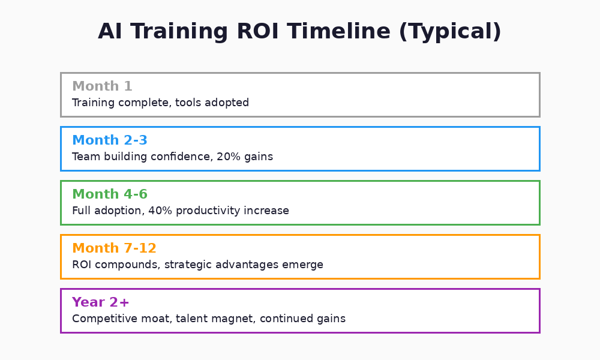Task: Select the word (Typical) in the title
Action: (449, 32)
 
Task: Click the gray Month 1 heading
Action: (102, 86)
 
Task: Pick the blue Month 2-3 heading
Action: (109, 140)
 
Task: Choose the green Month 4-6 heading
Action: (109, 194)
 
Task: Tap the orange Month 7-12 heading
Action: (114, 248)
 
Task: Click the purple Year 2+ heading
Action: (100, 302)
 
